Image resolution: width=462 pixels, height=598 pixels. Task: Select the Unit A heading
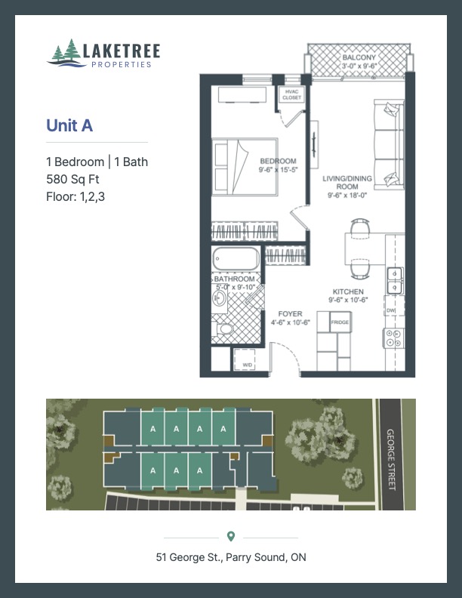tap(69, 126)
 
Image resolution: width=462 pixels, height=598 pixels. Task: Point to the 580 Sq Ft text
tap(72, 180)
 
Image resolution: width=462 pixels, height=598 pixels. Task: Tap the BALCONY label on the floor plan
tap(359, 57)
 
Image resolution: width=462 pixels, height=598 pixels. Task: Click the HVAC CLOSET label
tap(291, 94)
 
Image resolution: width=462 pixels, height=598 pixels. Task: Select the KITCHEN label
tap(349, 291)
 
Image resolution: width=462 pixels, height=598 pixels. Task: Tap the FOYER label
tap(290, 314)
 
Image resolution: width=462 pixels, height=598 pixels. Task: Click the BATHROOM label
tap(234, 279)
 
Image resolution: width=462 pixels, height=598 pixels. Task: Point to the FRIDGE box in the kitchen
tap(340, 322)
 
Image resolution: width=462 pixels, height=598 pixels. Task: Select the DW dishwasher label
tap(390, 310)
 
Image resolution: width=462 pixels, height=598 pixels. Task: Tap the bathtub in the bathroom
tap(236, 259)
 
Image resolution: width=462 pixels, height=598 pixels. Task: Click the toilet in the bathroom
tap(224, 329)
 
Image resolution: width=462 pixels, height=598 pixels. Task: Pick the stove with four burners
tap(393, 338)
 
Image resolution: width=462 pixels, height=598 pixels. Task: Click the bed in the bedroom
tap(244, 167)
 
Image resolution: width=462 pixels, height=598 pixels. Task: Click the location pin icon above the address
tap(231, 536)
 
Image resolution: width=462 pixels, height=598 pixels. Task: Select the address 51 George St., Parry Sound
tap(231, 558)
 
